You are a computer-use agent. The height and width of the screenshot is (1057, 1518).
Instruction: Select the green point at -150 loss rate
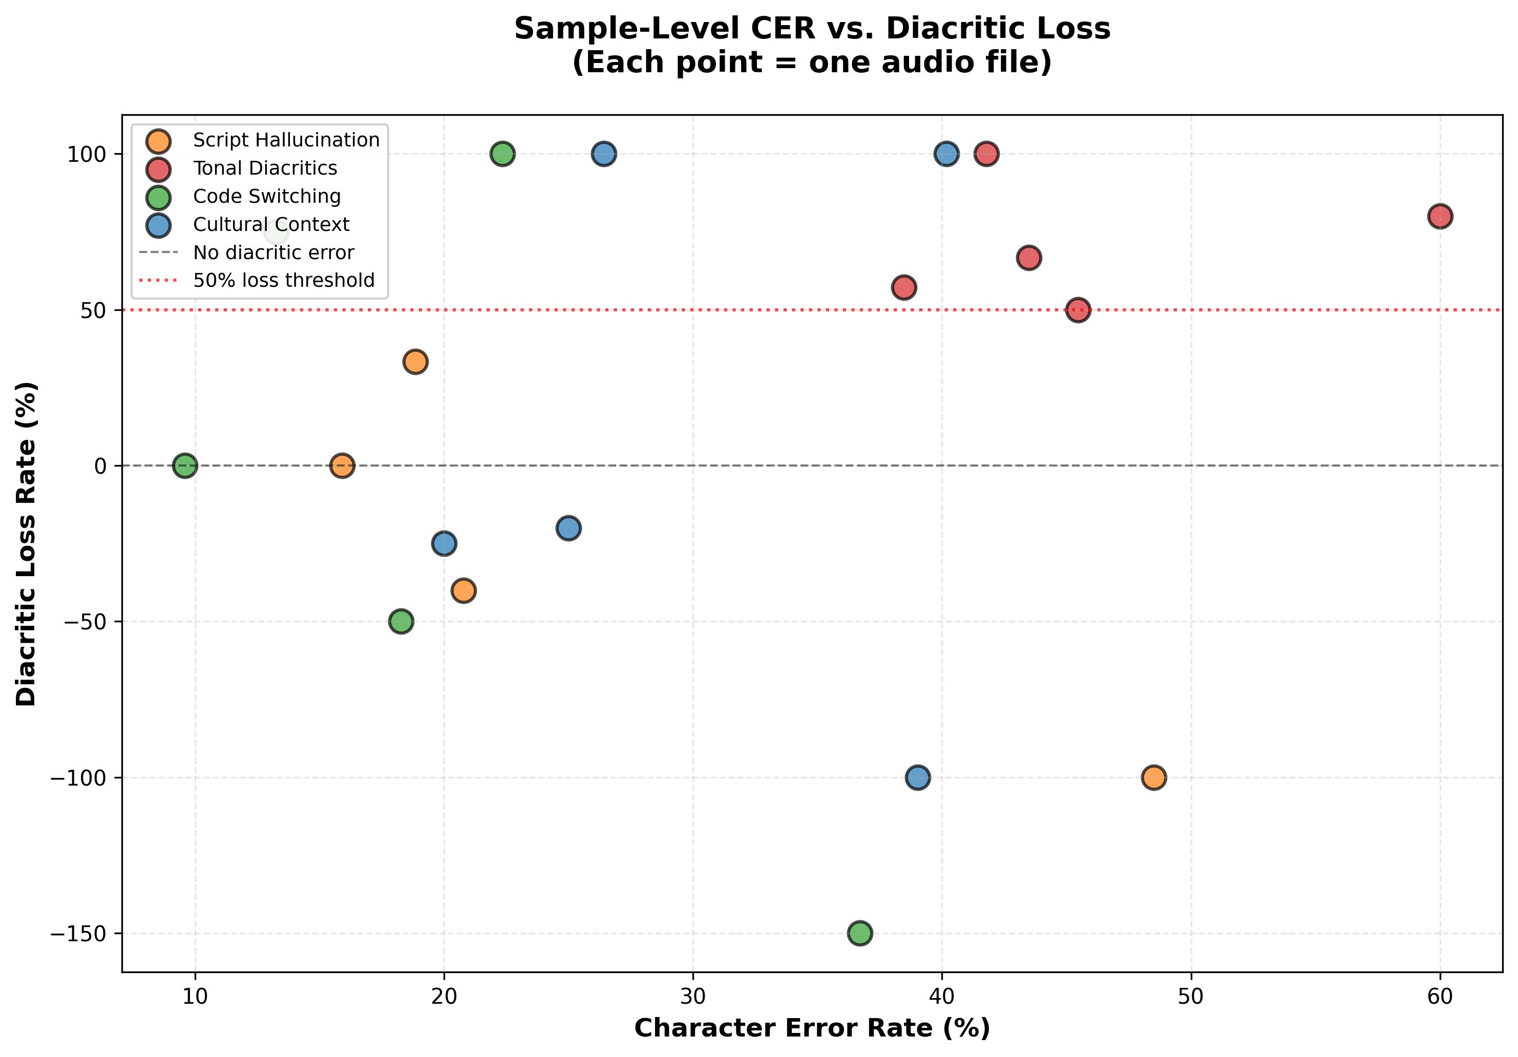pyautogui.click(x=859, y=933)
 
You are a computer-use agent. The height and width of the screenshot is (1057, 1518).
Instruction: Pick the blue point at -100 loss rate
pyautogui.click(x=918, y=777)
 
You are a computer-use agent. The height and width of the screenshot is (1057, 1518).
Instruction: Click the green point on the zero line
pyautogui.click(x=185, y=466)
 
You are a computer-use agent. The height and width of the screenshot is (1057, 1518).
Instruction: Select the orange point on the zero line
pyautogui.click(x=342, y=466)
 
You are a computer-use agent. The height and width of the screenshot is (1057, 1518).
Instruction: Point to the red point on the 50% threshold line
pyautogui.click(x=1078, y=310)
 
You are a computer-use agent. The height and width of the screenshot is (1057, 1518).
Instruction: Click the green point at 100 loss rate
pyautogui.click(x=502, y=154)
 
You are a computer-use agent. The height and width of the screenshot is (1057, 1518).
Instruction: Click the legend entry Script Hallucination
pyautogui.click(x=286, y=140)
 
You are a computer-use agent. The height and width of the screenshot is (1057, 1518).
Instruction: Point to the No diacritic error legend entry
pyautogui.click(x=273, y=252)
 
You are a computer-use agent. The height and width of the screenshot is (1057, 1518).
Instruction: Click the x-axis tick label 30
pyautogui.click(x=692, y=996)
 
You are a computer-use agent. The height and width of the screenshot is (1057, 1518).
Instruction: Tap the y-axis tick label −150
pyautogui.click(x=78, y=934)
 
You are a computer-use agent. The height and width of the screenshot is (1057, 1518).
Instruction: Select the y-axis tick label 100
pyautogui.click(x=86, y=155)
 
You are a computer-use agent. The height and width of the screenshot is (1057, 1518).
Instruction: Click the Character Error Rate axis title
pyautogui.click(x=811, y=1028)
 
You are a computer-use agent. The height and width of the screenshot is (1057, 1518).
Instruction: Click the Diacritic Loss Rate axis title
pyautogui.click(x=27, y=543)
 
